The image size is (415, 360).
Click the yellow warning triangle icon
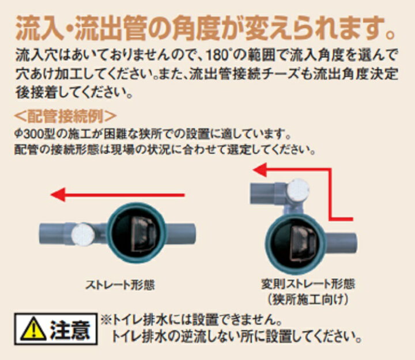point(33,329)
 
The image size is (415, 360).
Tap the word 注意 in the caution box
point(70,329)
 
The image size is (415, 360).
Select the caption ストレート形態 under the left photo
point(120,285)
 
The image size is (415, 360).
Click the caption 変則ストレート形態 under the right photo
point(308,284)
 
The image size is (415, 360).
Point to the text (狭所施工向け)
point(308,300)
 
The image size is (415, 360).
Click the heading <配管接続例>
point(65,116)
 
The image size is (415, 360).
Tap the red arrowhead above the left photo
point(58,195)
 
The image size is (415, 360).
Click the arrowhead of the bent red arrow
point(259,169)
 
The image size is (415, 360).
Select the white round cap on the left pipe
point(83,234)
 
